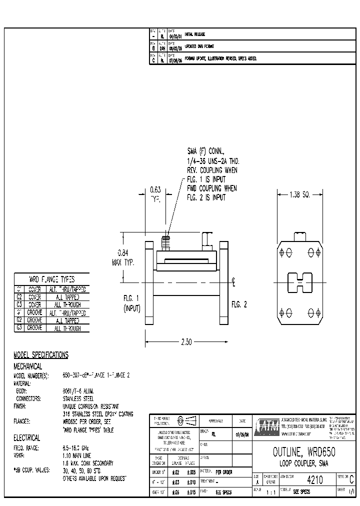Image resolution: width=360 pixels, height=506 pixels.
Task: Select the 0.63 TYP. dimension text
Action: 155,193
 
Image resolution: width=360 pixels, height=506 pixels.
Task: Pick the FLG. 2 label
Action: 238,304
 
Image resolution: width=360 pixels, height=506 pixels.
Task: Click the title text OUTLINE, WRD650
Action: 303,452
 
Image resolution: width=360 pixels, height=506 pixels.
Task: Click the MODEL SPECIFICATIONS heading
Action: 40,355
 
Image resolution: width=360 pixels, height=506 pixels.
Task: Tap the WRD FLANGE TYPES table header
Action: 51,279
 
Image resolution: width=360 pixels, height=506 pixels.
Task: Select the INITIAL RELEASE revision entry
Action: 195,34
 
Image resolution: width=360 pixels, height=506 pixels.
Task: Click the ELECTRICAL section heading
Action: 27,437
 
